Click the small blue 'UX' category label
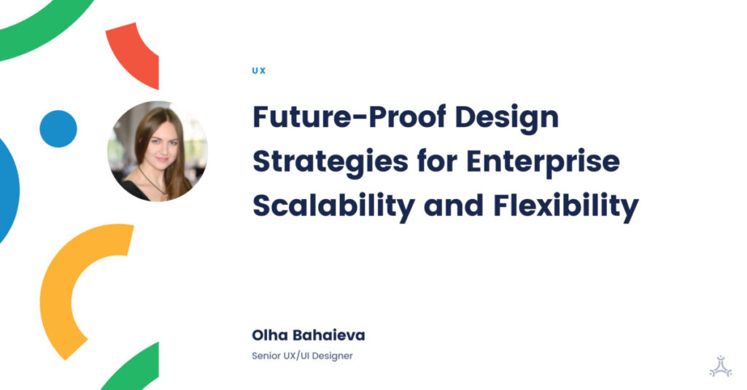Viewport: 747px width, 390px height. (258, 71)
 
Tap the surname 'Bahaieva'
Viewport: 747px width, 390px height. (330, 336)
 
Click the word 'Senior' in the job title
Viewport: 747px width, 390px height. (267, 356)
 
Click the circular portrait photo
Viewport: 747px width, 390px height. (158, 151)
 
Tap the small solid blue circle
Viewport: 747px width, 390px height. (58, 129)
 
